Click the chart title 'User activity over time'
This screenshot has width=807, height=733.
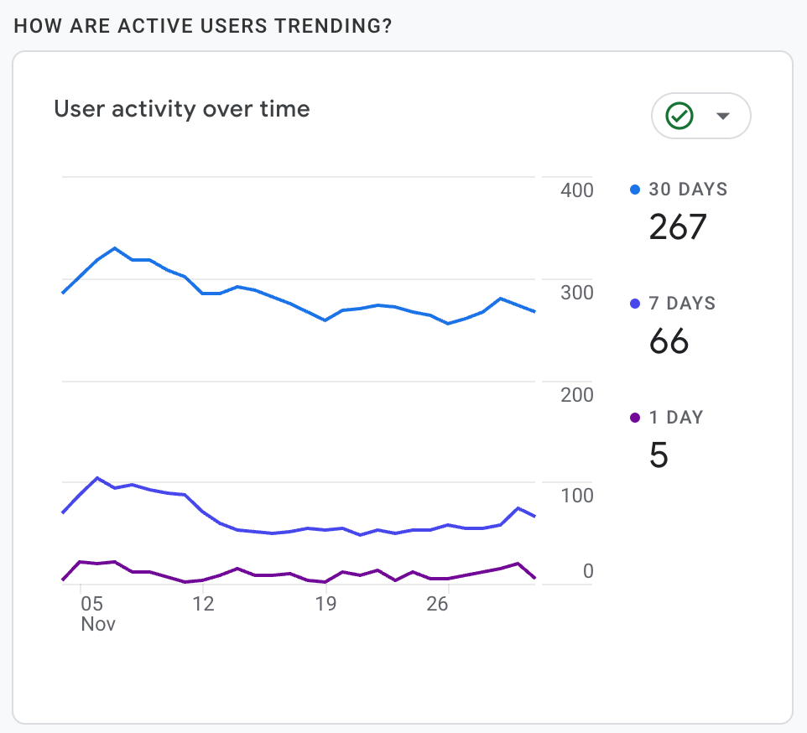click(182, 109)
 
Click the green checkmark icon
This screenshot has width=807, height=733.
click(679, 116)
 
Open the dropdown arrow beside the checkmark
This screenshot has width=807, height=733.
click(723, 116)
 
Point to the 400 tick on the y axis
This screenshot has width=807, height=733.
click(576, 190)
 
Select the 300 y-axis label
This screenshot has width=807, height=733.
click(576, 293)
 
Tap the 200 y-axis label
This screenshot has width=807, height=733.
click(576, 394)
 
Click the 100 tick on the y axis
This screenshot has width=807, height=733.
click(576, 496)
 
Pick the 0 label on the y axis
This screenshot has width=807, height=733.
click(588, 571)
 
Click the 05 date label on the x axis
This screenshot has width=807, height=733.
click(91, 604)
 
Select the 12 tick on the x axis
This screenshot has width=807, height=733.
click(202, 604)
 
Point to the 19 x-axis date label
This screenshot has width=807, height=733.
click(325, 604)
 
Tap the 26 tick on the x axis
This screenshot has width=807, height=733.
click(437, 604)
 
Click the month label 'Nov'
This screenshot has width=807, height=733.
click(98, 625)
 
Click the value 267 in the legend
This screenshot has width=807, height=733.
click(678, 226)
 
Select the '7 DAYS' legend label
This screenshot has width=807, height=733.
click(682, 304)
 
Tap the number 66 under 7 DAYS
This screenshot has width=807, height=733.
click(669, 341)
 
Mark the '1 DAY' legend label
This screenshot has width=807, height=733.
click(675, 418)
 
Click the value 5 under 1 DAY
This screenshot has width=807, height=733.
click(659, 455)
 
